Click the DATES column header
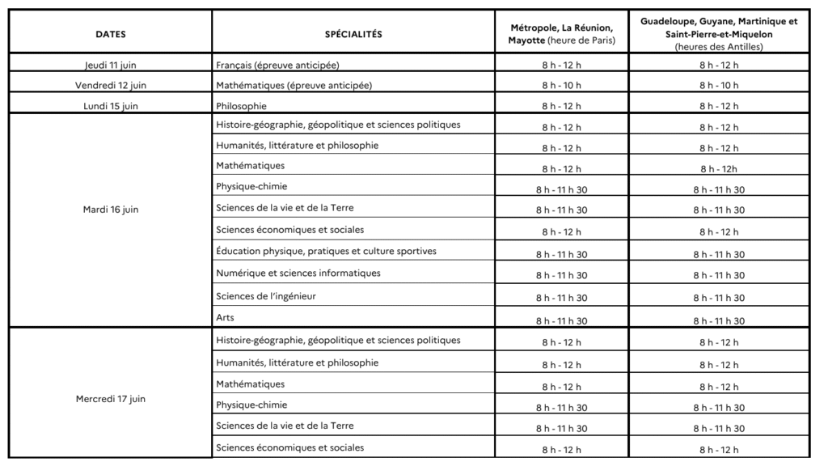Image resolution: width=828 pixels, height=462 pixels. click(111, 34)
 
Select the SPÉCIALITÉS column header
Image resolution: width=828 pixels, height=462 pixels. click(353, 34)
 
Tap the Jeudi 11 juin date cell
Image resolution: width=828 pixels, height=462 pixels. click(111, 65)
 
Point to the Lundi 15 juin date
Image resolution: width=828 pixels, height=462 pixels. click(111, 106)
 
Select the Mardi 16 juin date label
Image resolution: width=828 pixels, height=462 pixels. click(111, 210)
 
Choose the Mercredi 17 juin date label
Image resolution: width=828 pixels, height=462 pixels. click(111, 399)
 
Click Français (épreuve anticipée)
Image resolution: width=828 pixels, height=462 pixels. click(277, 65)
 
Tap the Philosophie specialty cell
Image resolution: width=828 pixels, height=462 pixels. click(241, 106)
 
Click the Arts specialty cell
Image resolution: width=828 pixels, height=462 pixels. click(225, 317)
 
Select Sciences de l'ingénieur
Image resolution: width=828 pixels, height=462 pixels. click(265, 296)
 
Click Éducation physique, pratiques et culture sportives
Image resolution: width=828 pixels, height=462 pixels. click(326, 252)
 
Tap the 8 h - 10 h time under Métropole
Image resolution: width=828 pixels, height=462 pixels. click(561, 86)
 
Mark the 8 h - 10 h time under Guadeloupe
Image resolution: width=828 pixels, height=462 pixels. click(719, 86)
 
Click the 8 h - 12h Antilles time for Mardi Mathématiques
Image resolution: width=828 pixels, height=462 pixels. click(719, 169)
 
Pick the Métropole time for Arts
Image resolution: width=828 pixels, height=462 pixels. click(561, 321)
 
